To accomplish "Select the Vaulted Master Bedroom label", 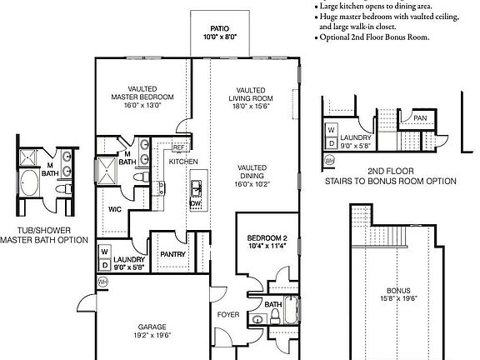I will (x=138, y=92).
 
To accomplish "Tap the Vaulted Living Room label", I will (x=251, y=95).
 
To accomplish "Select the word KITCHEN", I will (x=183, y=162).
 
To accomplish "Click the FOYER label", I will (x=228, y=315).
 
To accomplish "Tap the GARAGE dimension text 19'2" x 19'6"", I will (x=151, y=335).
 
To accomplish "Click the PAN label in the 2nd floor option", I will (x=421, y=118).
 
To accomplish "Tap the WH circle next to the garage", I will (x=103, y=282).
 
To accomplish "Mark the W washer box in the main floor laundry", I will (x=104, y=249).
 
